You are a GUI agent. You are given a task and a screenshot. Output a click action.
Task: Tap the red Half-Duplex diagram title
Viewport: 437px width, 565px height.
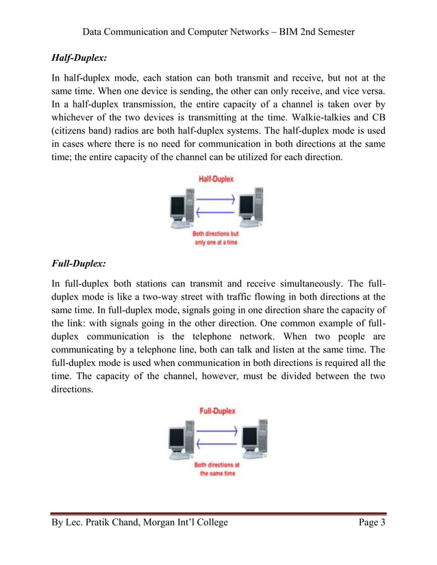point(216,179)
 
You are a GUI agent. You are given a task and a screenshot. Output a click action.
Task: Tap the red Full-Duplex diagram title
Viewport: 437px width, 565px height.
point(217,411)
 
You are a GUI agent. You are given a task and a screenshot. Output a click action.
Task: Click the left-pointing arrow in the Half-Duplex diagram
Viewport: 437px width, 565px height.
point(216,212)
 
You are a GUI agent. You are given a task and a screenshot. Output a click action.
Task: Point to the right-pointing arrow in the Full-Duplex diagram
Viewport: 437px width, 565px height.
point(216,432)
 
